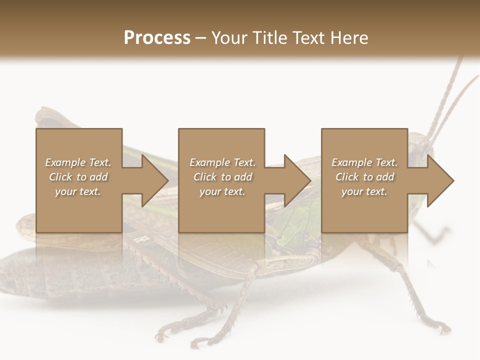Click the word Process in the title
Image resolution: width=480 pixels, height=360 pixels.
point(157,38)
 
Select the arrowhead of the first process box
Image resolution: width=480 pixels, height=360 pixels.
point(154,180)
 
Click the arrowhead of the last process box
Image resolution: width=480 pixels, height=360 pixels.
point(440,180)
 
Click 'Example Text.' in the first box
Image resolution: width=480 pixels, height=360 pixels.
point(78,162)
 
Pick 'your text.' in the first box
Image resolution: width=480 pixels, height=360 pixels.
point(78,191)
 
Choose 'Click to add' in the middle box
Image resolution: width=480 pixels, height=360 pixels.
point(222,177)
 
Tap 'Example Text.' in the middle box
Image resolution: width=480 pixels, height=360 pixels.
point(222,162)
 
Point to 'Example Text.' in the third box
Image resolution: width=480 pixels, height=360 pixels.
point(364,162)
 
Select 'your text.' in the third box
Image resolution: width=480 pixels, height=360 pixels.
point(364,191)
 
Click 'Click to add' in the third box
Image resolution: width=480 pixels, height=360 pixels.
point(364,177)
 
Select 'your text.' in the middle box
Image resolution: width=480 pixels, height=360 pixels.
point(222,191)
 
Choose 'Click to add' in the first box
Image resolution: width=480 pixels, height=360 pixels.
point(78,177)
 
